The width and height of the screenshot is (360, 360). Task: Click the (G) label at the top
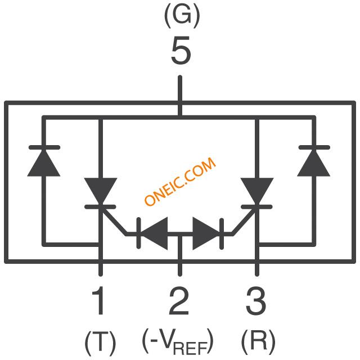click(182, 15)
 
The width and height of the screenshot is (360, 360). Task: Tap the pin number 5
click(181, 51)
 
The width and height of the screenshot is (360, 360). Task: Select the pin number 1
click(98, 300)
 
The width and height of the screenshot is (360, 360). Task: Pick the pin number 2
click(179, 300)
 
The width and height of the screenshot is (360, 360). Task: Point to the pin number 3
click(256, 301)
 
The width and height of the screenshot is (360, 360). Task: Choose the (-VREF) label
click(178, 342)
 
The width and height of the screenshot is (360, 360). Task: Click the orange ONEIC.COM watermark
click(180, 181)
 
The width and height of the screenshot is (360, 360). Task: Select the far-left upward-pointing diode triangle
click(44, 163)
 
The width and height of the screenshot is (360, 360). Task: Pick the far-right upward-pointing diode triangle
click(314, 163)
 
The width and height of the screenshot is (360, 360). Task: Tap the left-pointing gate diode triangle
click(154, 233)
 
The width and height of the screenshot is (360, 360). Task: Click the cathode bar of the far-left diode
click(44, 147)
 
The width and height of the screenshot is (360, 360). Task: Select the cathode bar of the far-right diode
click(314, 147)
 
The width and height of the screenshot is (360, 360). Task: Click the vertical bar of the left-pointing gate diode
click(138, 233)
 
